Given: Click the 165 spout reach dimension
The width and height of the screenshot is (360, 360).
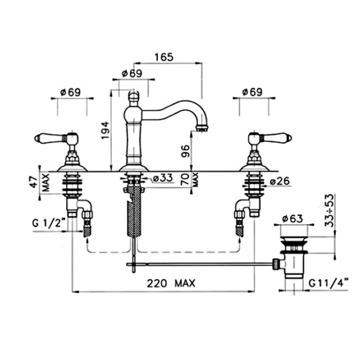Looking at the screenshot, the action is click(164, 57).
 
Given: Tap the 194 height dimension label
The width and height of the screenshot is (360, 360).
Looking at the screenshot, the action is click(105, 130).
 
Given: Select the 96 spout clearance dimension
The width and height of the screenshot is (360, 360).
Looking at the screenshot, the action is click(185, 151).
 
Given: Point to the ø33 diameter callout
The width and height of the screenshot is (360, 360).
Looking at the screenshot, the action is click(163, 178).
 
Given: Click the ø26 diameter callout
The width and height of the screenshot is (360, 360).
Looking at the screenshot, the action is click(280, 181).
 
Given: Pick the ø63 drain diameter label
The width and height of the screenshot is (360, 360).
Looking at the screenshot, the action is click(292, 219).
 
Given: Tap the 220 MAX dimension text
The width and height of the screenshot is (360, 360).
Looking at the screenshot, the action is click(171, 283).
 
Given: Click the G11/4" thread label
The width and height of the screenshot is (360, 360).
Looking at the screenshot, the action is click(329, 284).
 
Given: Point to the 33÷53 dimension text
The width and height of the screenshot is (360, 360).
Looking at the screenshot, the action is click(330, 211).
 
